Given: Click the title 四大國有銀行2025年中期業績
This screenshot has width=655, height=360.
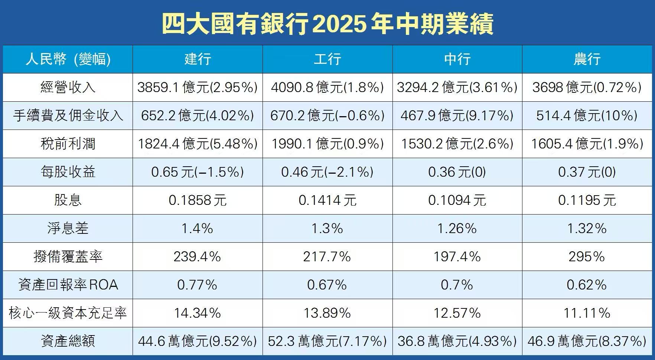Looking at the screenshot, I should coord(327,24).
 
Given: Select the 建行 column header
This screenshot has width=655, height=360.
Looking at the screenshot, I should coord(198,59).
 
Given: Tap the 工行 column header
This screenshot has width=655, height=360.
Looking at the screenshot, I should coord(327,59).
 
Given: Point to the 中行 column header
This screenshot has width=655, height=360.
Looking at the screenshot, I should coord(457,59).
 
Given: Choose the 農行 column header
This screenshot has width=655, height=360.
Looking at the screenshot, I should coord(587,59).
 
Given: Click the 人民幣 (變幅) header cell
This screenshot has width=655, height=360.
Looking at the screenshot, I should coord(68,59).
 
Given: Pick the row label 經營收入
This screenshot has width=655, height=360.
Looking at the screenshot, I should coord(68,88).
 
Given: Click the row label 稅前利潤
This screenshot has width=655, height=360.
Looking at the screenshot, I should coord(68,144).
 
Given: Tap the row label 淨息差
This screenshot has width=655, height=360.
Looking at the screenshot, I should coord(68,228).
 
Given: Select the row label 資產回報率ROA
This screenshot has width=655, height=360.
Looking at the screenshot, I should coord(68,285).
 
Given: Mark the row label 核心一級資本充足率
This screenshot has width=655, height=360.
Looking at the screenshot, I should coord(68,313).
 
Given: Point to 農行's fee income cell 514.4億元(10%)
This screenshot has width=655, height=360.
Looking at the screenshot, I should coord(587,116).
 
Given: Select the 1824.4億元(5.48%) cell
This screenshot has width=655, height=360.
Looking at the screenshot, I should coord(198,144).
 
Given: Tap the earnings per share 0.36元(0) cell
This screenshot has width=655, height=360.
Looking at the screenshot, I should coord(457,172).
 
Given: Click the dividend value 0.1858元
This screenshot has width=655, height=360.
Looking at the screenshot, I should coord(198,200).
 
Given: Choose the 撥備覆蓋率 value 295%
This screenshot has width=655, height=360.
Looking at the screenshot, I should coord(587,256).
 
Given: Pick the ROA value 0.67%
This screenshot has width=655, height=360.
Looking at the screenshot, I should coord(327,285).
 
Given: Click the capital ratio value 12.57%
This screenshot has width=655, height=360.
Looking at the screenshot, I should coord(457,313).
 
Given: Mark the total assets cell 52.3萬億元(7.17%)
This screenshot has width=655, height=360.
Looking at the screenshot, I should coord(327,341).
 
